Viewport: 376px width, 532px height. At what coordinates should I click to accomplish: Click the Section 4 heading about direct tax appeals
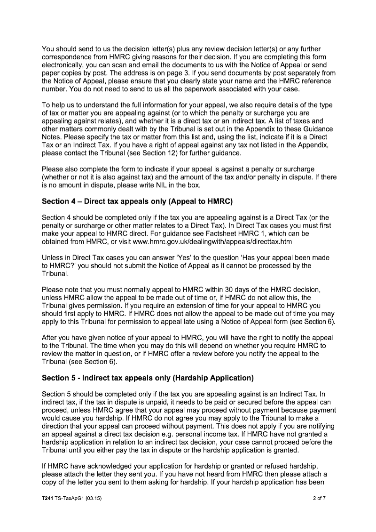click(137, 201)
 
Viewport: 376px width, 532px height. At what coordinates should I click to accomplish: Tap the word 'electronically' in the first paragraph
click(64, 65)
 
